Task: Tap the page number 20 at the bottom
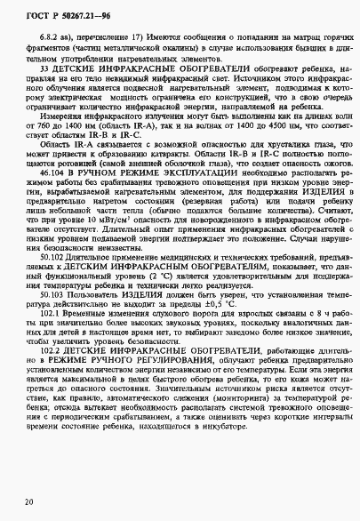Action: [x=30, y=503]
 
